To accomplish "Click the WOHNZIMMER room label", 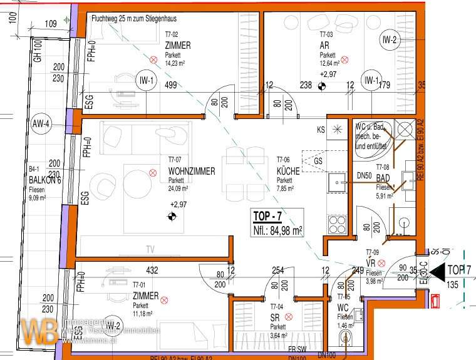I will [x=191, y=171].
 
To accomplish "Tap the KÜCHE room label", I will [x=289, y=171].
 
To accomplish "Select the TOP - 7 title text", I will [x=268, y=217].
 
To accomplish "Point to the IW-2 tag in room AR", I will [x=389, y=41].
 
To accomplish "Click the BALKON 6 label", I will [x=44, y=180].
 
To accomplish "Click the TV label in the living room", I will [x=150, y=250].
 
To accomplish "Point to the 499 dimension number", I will [x=170, y=86].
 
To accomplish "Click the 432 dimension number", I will [x=152, y=270].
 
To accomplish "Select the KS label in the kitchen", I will [x=321, y=130].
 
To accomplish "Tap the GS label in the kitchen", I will [x=318, y=161].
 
